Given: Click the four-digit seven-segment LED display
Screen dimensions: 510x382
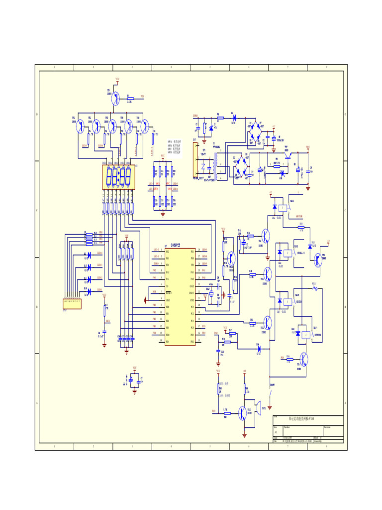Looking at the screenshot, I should tap(119, 176).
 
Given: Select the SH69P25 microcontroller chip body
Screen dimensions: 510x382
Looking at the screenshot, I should tap(180, 296).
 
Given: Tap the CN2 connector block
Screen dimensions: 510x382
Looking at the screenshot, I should tap(72, 304).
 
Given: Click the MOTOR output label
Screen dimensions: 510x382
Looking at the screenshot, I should tap(299, 217).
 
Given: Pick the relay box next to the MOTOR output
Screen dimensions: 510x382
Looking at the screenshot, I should tap(283, 208).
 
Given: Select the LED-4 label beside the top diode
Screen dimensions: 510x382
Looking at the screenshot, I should tap(100, 253).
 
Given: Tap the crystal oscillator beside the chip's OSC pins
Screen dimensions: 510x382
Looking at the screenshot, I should tap(210, 294).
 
